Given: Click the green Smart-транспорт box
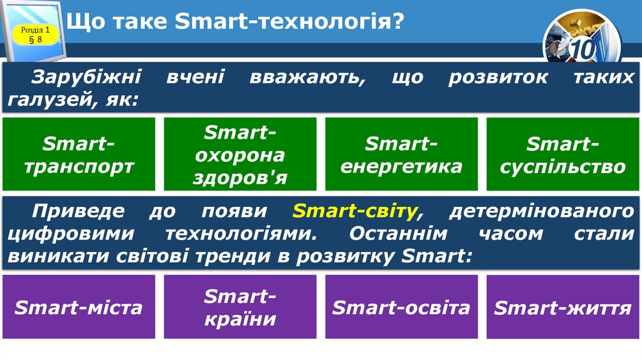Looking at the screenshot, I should click(x=79, y=154).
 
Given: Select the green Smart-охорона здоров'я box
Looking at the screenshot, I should click(x=240, y=154).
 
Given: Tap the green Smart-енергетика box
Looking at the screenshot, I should click(x=401, y=154).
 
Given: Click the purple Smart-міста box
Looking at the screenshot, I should click(x=79, y=307).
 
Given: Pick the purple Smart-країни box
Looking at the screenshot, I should click(x=240, y=307).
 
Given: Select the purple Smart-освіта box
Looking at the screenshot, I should click(x=401, y=307).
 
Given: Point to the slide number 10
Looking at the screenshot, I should click(x=582, y=49).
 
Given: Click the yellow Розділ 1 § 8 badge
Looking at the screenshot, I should click(x=36, y=34).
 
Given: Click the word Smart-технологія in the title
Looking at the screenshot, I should click(x=288, y=23).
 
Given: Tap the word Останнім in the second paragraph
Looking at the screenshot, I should click(x=399, y=233).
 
